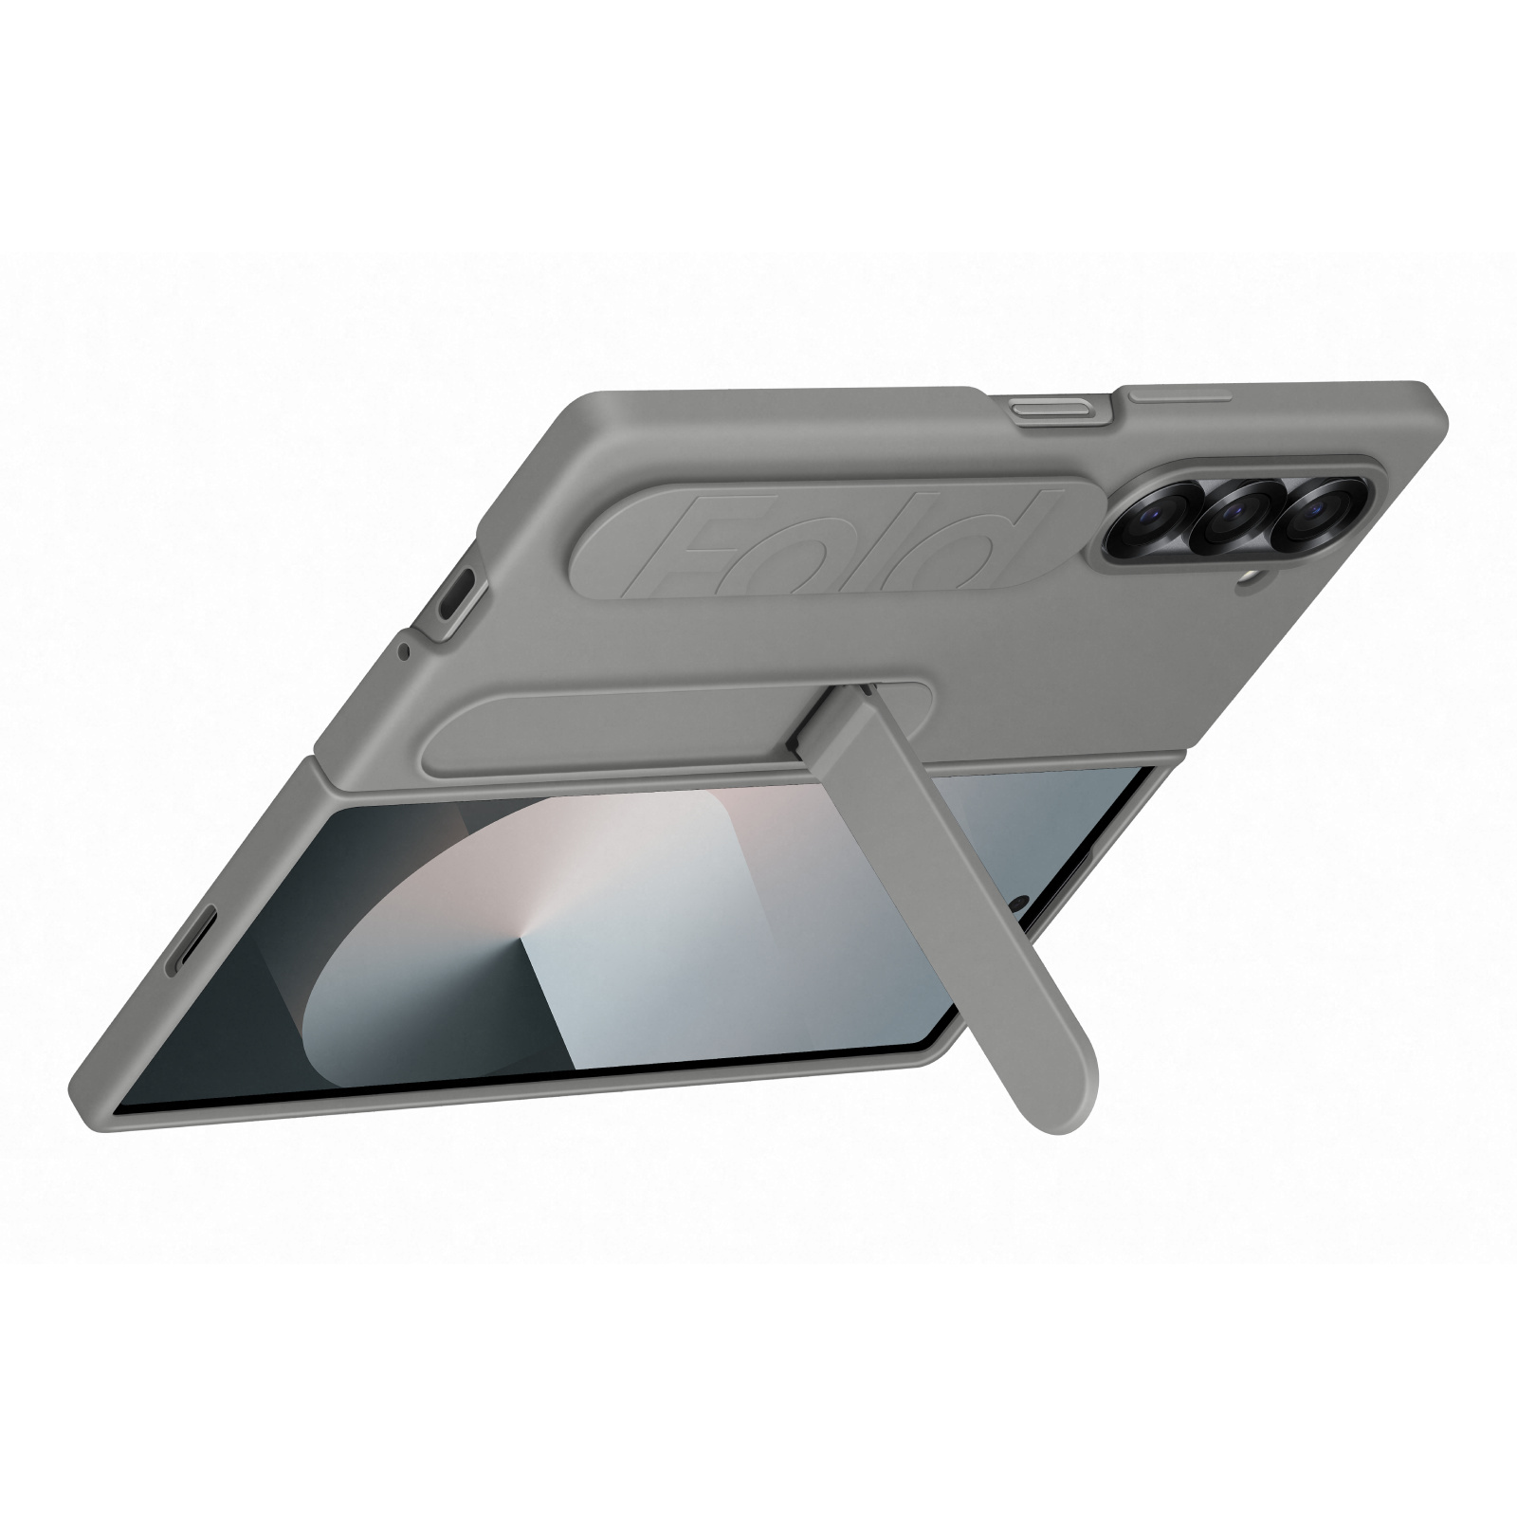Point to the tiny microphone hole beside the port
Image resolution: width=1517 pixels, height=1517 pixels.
click(405, 650)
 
